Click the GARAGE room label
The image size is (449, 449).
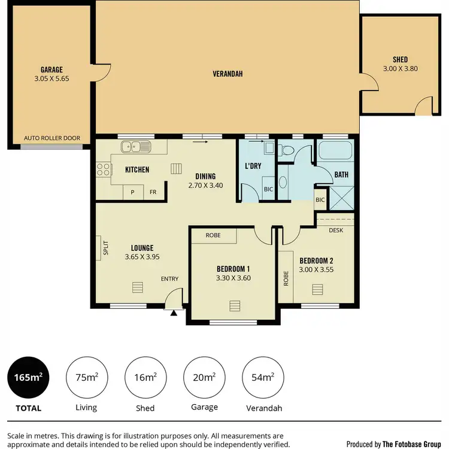click(51, 69)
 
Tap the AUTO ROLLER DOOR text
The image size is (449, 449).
click(51, 138)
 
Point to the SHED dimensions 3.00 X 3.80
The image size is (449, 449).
click(400, 69)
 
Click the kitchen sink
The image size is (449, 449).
click(136, 147)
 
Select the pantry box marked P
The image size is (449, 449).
click(132, 192)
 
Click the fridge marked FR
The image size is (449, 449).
click(153, 192)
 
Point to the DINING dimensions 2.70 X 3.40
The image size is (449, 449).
click(205, 186)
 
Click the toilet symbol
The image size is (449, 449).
click(286, 150)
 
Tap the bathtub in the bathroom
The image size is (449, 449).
click(336, 152)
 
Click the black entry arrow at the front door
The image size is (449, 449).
click(174, 312)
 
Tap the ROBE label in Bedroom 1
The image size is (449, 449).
click(213, 235)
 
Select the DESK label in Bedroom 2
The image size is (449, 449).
click(336, 229)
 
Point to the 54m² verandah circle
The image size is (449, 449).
click(262, 377)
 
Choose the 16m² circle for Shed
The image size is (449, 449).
click(145, 377)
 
